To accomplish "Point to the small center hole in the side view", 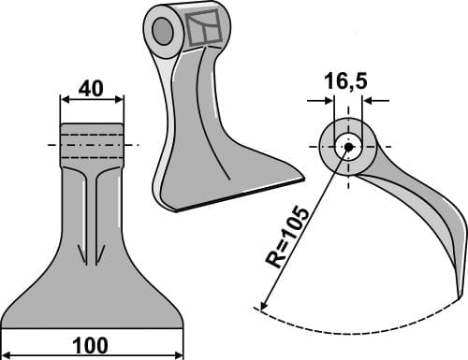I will [348, 145].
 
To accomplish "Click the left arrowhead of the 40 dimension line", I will [64, 98].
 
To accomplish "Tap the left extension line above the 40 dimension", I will [61, 108].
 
